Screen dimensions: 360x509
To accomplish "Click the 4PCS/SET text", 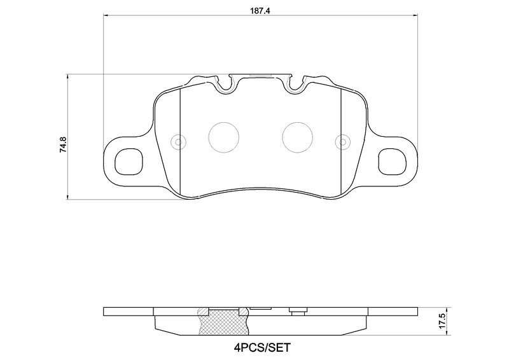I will (x=261, y=348).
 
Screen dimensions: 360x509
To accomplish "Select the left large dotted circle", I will (x=224, y=136).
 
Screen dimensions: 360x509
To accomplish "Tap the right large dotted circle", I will (x=297, y=136).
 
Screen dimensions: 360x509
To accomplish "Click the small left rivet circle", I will (x=178, y=141).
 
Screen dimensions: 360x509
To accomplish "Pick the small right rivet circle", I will (x=344, y=141).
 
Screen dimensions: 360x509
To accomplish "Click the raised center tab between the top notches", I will (x=261, y=76).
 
